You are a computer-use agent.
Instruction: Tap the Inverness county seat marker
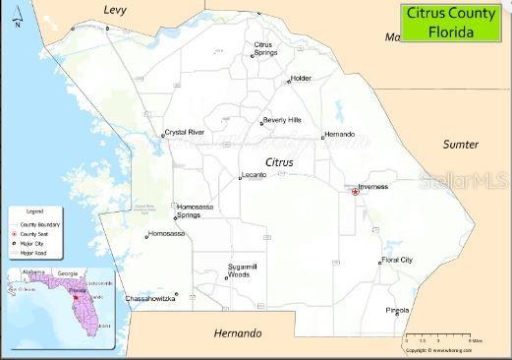355,192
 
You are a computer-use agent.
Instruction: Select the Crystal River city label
185,131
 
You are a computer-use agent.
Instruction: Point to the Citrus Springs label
262,47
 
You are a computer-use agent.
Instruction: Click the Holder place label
301,78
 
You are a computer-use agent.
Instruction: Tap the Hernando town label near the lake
340,134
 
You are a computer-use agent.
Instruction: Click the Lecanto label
254,174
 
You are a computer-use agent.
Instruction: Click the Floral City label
397,260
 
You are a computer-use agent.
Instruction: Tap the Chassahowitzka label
149,298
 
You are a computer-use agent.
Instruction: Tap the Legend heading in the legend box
34,211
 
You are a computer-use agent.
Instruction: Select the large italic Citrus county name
279,159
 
